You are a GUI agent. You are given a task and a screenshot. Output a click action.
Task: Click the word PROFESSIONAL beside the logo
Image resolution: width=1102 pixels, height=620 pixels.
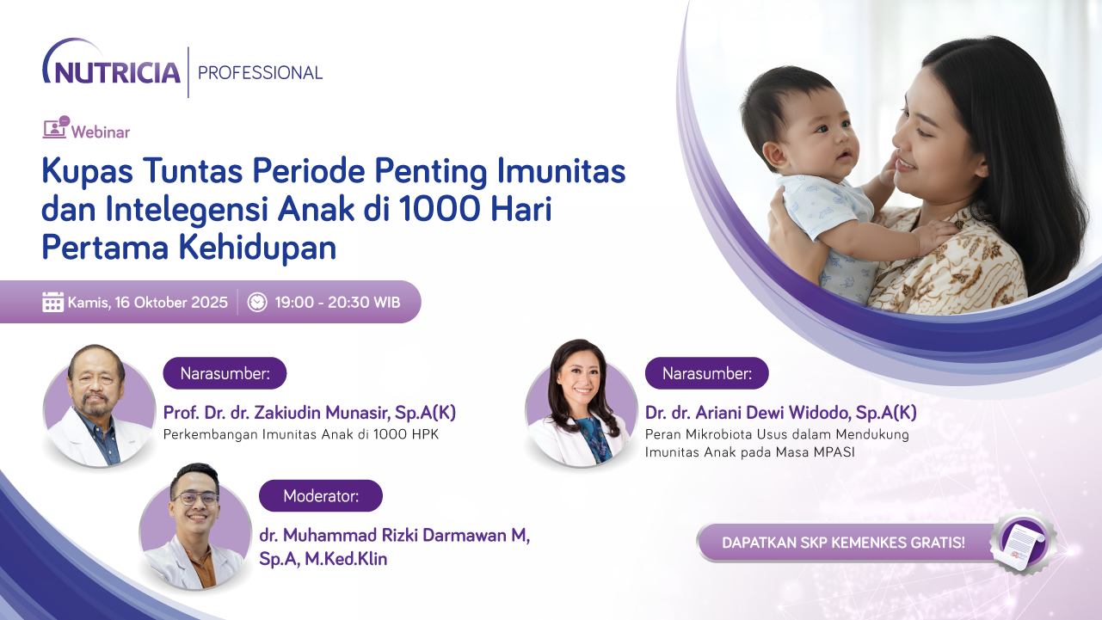click(260, 73)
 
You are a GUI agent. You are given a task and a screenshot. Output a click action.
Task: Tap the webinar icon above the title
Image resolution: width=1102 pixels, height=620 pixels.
click(55, 129)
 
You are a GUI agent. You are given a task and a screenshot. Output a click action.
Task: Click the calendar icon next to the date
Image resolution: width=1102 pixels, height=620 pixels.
click(53, 302)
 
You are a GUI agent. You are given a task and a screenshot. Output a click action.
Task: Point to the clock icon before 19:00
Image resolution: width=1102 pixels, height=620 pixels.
click(257, 302)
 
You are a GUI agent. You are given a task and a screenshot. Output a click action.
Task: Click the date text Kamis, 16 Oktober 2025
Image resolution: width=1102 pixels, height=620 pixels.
click(147, 303)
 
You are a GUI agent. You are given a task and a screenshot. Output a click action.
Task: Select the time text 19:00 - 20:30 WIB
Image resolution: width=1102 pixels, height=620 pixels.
click(337, 303)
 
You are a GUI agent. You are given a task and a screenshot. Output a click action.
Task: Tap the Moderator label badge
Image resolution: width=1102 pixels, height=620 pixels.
click(321, 496)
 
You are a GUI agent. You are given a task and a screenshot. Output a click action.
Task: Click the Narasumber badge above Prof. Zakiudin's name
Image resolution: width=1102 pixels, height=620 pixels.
click(225, 373)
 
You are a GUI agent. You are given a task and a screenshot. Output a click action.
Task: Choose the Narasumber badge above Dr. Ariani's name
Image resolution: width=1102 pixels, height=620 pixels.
click(706, 373)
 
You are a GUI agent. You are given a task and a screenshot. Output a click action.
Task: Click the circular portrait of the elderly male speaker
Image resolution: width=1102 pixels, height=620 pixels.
click(87, 405)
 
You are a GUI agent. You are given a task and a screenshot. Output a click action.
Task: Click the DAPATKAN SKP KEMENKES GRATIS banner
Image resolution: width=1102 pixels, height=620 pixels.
click(843, 543)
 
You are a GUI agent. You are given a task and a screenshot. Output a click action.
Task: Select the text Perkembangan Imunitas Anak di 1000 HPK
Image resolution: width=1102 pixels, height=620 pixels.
click(301, 434)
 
